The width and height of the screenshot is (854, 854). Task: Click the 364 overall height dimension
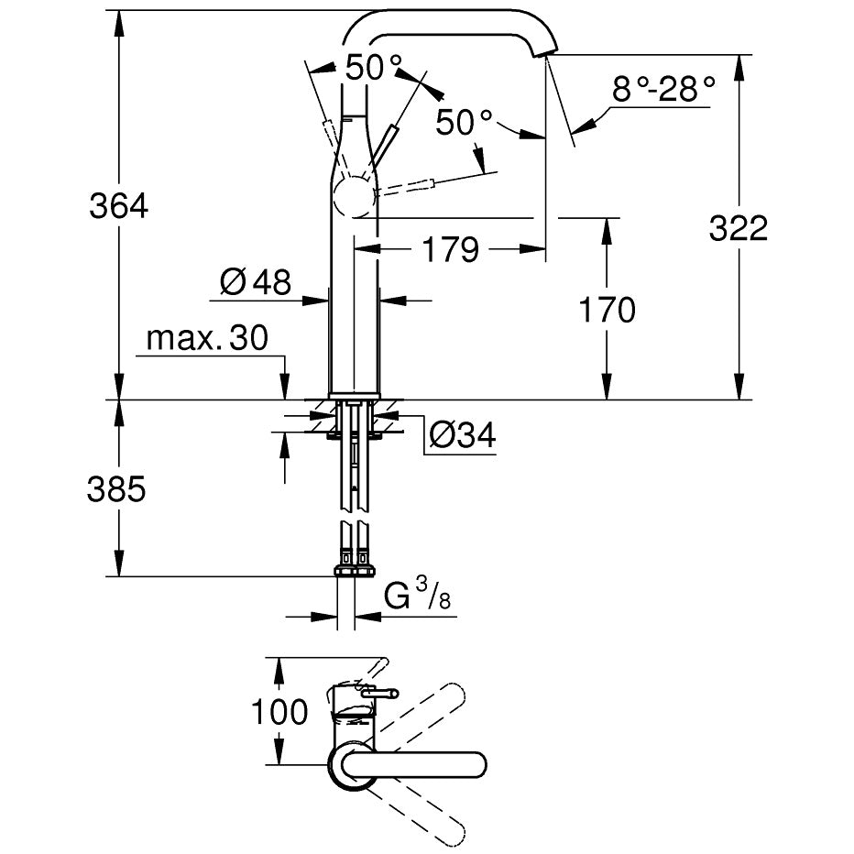point(119,206)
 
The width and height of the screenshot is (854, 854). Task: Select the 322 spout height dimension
point(738,227)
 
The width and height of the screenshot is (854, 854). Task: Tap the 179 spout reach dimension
point(451,249)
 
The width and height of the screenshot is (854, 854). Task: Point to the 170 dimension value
point(607,310)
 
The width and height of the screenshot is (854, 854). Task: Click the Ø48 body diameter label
point(256,281)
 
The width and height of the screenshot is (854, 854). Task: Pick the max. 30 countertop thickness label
point(207,338)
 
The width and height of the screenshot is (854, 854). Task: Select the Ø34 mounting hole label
point(463,434)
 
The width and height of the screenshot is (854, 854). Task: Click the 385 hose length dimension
point(116,488)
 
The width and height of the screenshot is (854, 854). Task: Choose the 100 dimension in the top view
point(279,711)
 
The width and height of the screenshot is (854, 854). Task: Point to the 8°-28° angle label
point(662,89)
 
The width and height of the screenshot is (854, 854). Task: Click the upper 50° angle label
point(374,68)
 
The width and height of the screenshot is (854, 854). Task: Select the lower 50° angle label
point(464,122)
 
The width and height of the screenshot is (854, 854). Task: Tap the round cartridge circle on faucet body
point(355,197)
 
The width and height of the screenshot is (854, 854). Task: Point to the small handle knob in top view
point(379,694)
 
